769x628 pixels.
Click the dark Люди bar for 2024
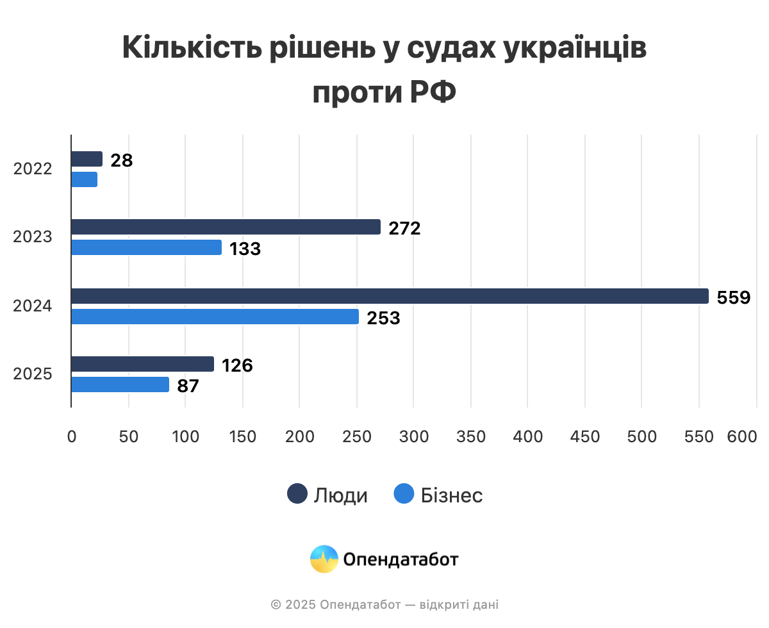pos(390,296)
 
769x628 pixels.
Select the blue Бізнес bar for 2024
pos(215,317)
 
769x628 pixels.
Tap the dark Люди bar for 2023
pos(226,227)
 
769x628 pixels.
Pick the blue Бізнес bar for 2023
pos(146,247)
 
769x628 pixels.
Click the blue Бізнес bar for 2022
pos(84,179)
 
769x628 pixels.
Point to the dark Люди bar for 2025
pos(142,364)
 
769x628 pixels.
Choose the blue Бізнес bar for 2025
pos(120,384)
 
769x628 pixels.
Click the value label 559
pos(733,297)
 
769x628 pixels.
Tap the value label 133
pos(245,249)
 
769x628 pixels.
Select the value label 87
pos(188,386)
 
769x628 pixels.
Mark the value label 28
pos(121,160)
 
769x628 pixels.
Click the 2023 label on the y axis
pos(32,237)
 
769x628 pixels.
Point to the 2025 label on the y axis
pos(32,374)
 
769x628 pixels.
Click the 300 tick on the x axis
pos(414,436)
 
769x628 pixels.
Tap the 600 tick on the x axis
pos(742,436)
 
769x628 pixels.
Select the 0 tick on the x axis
pos(71,436)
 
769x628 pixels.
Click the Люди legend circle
pos(297,494)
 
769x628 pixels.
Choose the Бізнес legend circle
pos(404,494)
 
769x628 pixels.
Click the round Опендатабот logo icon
pos(324,559)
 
